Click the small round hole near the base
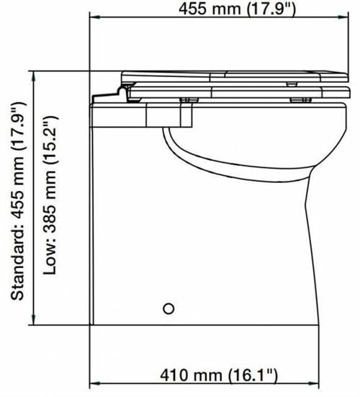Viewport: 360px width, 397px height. coord(169,308)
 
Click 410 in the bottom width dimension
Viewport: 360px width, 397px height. coord(170,375)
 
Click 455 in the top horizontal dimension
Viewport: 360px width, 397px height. coord(197,9)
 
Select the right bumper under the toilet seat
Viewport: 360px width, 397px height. coord(295,99)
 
